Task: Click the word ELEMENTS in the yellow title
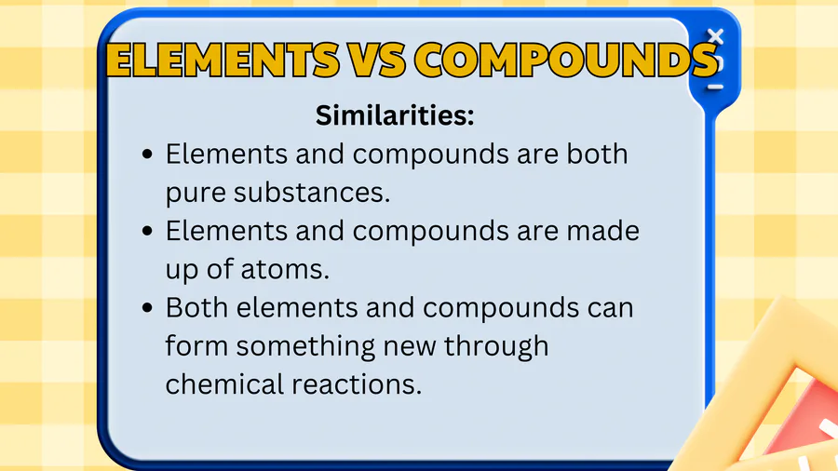click(x=223, y=60)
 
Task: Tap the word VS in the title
click(x=377, y=60)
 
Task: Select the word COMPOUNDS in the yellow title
click(x=566, y=60)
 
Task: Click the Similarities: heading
click(x=395, y=114)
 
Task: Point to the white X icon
click(x=715, y=36)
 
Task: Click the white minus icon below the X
click(x=716, y=87)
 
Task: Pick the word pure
click(x=196, y=195)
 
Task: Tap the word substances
click(x=312, y=192)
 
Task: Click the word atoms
click(x=285, y=270)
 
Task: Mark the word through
click(x=496, y=347)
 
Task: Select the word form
click(x=196, y=345)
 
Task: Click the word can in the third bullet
click(x=610, y=309)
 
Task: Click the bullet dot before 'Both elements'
click(x=147, y=308)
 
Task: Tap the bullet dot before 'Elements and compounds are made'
click(x=147, y=231)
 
